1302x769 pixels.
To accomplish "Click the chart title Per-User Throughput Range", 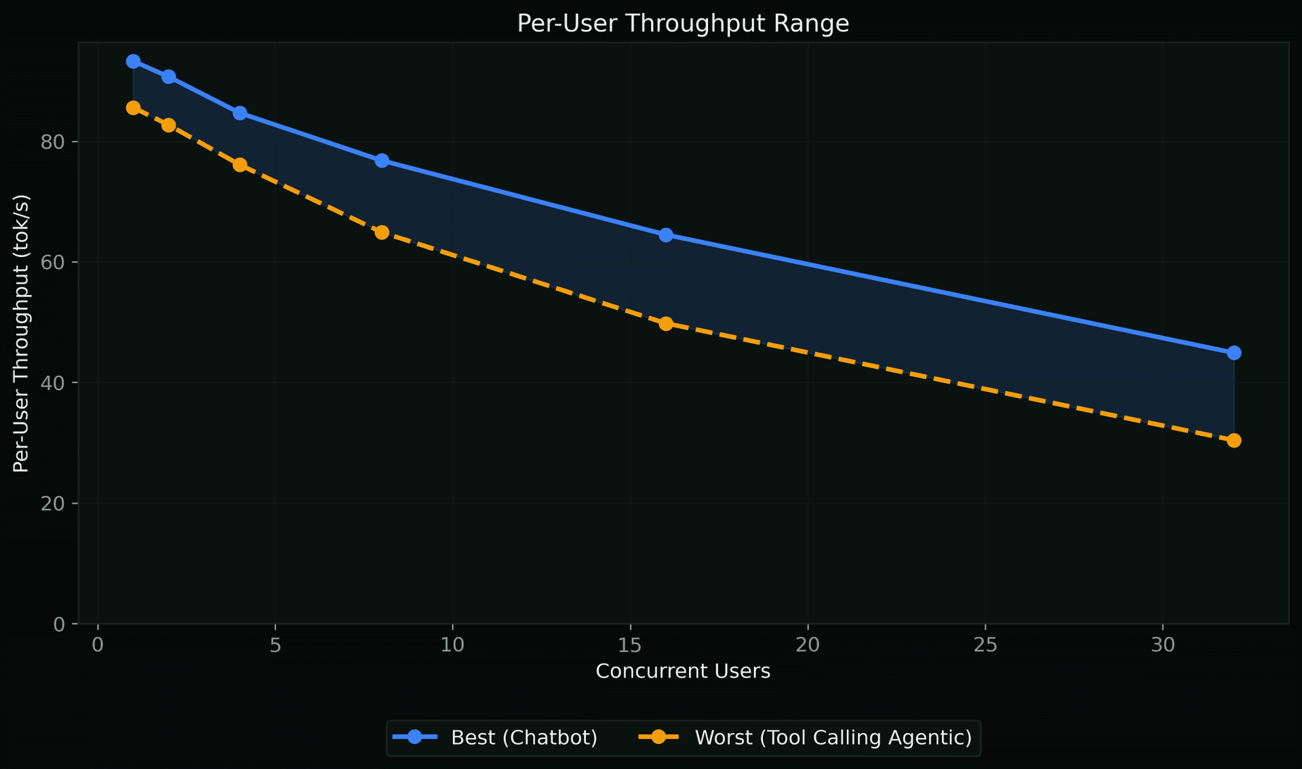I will (683, 24).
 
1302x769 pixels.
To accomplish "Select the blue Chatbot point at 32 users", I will (1234, 353).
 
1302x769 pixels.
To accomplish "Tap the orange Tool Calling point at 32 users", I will (1234, 440).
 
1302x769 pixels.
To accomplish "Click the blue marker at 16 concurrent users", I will (666, 235).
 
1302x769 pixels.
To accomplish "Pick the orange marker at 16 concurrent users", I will (666, 323).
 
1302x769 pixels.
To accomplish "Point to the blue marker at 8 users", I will (382, 160).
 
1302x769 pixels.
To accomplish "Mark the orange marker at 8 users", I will (382, 232).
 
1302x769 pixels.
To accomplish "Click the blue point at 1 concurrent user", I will (134, 61).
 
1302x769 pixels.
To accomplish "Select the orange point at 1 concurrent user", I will (134, 108).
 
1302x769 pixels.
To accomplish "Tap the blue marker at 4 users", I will (240, 113).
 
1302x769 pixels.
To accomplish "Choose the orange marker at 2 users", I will (169, 125).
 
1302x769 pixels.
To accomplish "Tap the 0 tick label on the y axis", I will (60, 624).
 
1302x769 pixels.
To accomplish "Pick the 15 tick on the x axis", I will (630, 645).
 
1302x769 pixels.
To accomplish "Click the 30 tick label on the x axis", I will (1162, 645).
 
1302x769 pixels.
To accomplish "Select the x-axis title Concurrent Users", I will (683, 671).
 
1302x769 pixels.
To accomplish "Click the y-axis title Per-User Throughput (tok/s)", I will (22, 333).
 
